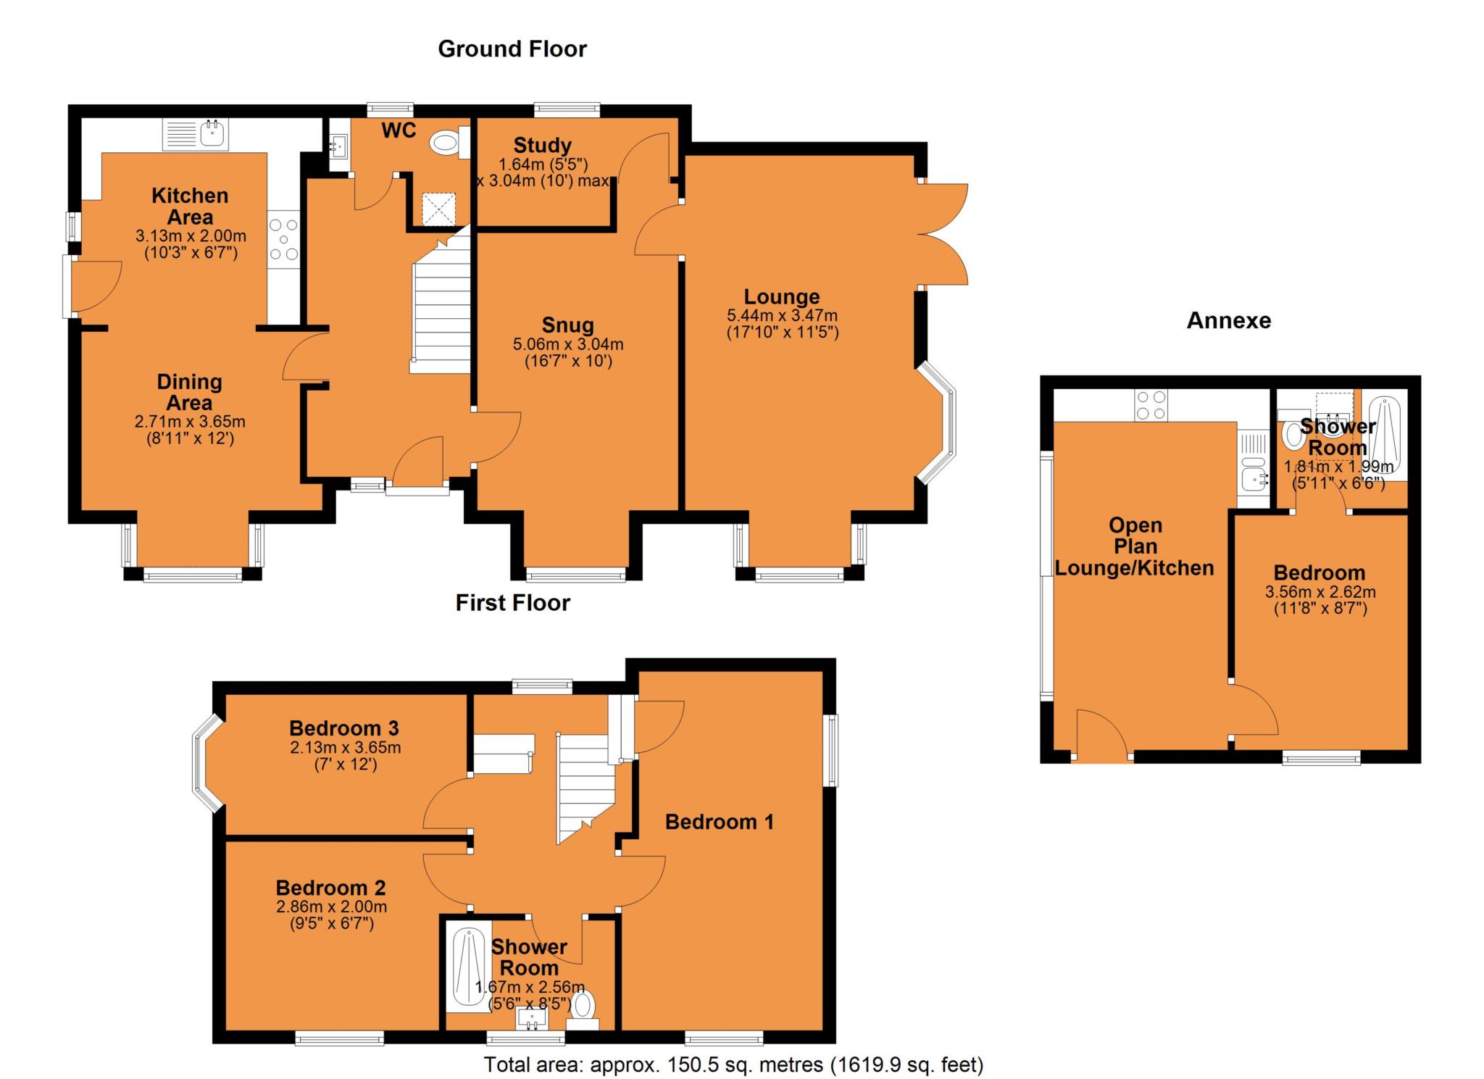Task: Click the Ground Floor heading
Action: point(512,49)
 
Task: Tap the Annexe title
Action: point(1229,320)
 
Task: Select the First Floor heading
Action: point(513,603)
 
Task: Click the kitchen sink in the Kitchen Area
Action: point(196,135)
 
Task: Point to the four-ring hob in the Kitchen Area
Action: point(283,238)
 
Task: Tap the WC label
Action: point(399,130)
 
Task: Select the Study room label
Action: point(543,145)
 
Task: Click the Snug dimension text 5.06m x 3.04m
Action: point(568,344)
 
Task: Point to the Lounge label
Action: point(782,296)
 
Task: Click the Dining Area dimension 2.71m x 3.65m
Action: point(190,422)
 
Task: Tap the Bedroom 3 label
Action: point(344,728)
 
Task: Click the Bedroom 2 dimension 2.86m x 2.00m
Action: point(331,907)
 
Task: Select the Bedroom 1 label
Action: point(720,822)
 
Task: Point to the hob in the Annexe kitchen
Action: point(1151,405)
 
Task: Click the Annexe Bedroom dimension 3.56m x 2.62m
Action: point(1320,592)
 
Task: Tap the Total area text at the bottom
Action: point(734,1065)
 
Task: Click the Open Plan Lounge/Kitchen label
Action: point(1135,546)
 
